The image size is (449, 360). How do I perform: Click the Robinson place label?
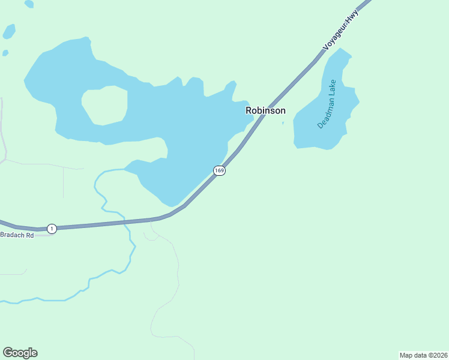(x=265, y=110)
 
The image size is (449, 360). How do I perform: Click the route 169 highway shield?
(x=219, y=171)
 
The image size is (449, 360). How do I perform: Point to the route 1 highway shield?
(x=52, y=229)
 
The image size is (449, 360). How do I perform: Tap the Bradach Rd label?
(x=17, y=235)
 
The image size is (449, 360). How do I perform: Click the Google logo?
(x=20, y=353)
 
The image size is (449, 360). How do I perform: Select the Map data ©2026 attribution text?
(x=423, y=355)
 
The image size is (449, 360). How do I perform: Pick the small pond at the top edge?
(x=29, y=4)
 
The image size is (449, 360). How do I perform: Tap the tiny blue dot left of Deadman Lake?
(x=283, y=124)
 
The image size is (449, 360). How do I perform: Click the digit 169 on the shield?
(x=219, y=171)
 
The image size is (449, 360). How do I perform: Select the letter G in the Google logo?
(x=8, y=353)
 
